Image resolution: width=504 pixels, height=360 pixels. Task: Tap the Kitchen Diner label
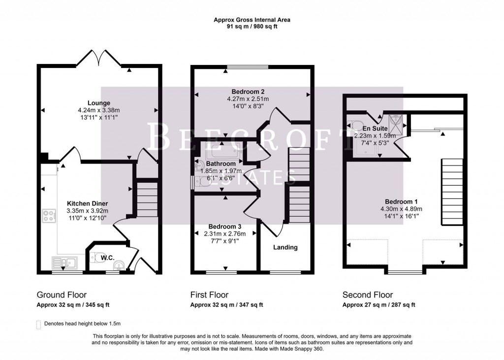point(88,203)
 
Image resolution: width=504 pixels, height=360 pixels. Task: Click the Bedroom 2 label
point(249,92)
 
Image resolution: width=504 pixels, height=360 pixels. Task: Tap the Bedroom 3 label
point(224,227)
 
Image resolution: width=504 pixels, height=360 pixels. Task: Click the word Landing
point(285,247)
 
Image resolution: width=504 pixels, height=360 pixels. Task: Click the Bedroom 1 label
point(401,201)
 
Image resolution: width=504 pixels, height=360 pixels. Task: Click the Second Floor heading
point(368,295)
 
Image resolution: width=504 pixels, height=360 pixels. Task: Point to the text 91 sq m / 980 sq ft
point(252,27)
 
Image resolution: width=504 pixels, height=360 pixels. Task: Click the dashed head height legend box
point(38,325)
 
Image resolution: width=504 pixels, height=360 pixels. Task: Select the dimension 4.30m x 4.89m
point(401,208)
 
